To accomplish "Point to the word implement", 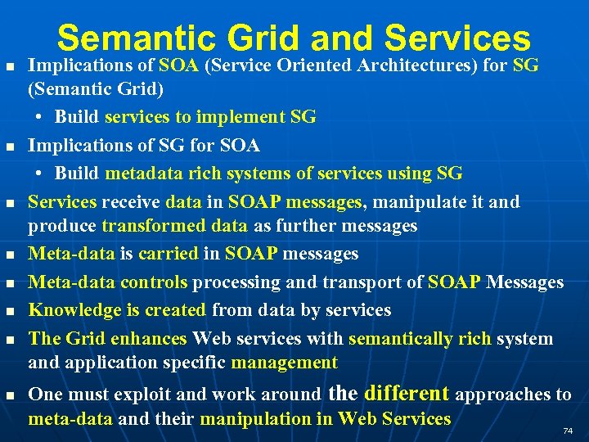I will pyautogui.click(x=243, y=117).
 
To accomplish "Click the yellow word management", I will pyautogui.click(x=284, y=362).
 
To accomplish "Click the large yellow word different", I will pyautogui.click(x=407, y=393).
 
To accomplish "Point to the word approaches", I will pyautogui.click(x=503, y=395).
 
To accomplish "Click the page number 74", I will pyautogui.click(x=568, y=431).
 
